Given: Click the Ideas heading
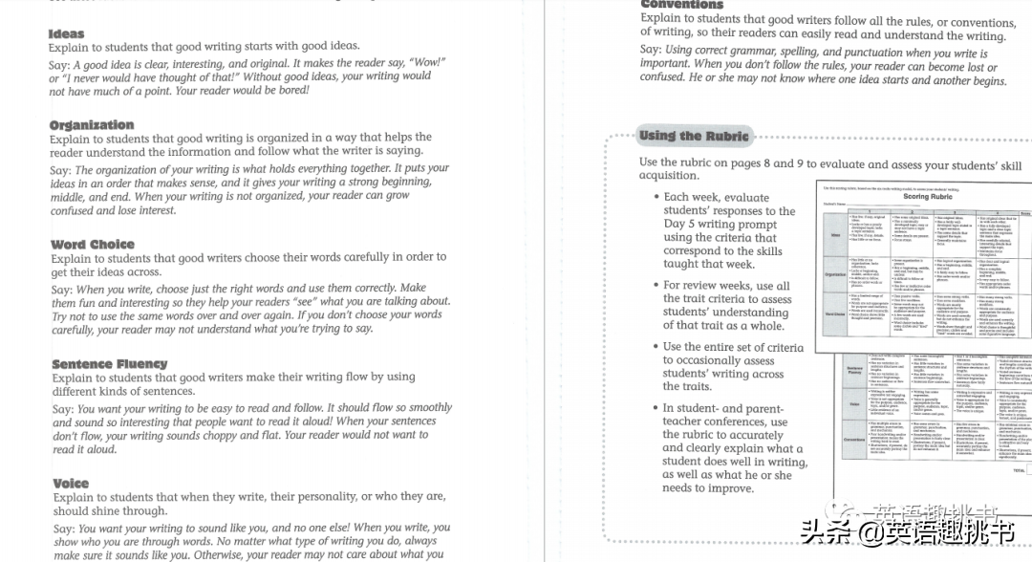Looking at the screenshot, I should pos(66,34).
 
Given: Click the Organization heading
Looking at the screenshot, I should pos(92,125).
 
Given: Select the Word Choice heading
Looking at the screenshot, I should pos(93,245).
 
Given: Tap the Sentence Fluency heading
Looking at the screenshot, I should pos(109,364).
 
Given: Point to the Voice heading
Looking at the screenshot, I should pos(71,484).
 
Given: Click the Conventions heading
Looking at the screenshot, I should pos(681,5).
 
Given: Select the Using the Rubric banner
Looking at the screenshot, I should pos(694,136).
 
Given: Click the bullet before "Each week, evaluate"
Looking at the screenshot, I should pos(656,197).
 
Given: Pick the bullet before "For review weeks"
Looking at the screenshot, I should pos(656,285).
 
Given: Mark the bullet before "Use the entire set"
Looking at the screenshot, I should pos(656,347).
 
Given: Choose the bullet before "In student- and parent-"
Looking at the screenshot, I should pos(656,408).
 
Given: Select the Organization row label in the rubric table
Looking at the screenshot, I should pos(835,274).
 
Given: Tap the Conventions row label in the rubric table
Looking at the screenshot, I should pos(852,441).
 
